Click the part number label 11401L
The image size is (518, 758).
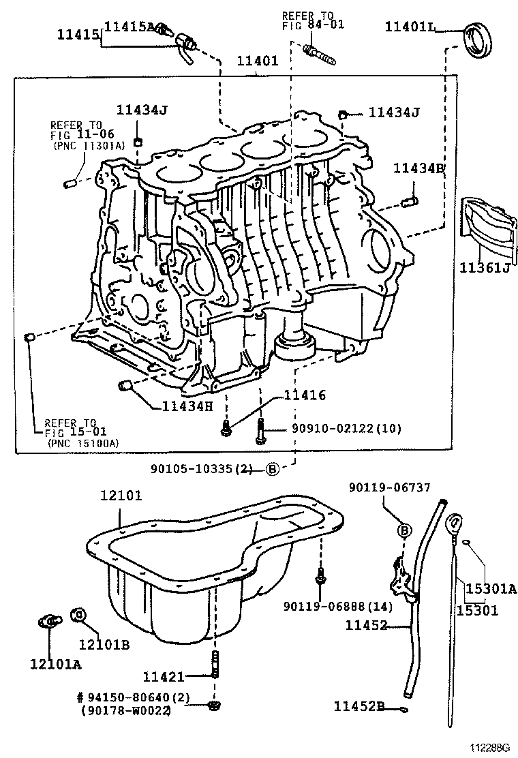(409, 27)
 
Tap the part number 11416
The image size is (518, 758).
(305, 395)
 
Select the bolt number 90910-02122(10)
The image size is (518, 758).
(346, 428)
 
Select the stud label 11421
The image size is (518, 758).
(164, 676)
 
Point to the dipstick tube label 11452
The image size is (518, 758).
(366, 624)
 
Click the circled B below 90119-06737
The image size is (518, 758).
(403, 530)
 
